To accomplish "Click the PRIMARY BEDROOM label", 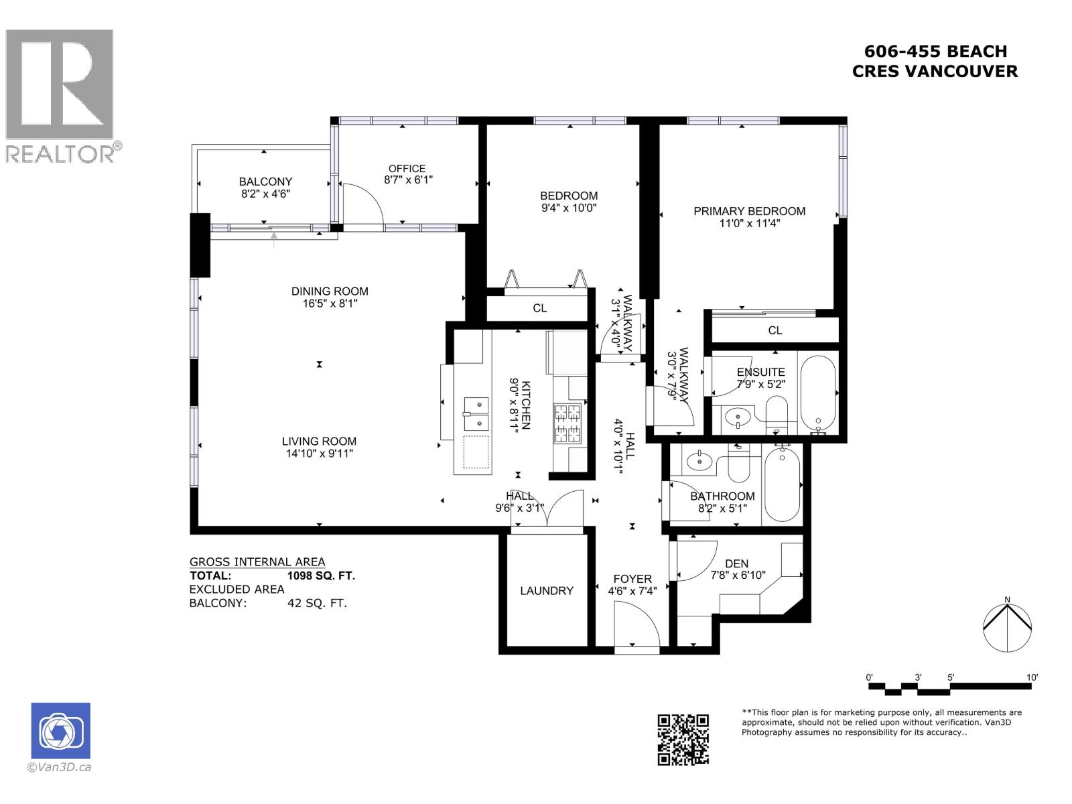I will (x=749, y=211).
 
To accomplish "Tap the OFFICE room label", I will (x=407, y=169).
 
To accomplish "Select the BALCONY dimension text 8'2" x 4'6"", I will (x=265, y=194).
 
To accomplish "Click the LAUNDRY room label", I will (x=547, y=590).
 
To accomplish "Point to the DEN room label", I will (x=736, y=563).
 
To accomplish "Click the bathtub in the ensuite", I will (x=818, y=392).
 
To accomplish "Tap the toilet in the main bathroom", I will (x=738, y=464).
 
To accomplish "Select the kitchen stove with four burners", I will (x=568, y=423).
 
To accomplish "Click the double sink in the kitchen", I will (x=476, y=413).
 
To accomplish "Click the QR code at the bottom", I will (x=683, y=739).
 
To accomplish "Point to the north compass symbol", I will (x=1006, y=627).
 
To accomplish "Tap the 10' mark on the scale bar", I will (x=1031, y=677).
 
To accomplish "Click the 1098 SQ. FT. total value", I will (x=321, y=576).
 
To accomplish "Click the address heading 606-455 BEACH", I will (x=935, y=52).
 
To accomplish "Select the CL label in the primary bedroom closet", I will (x=775, y=330).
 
